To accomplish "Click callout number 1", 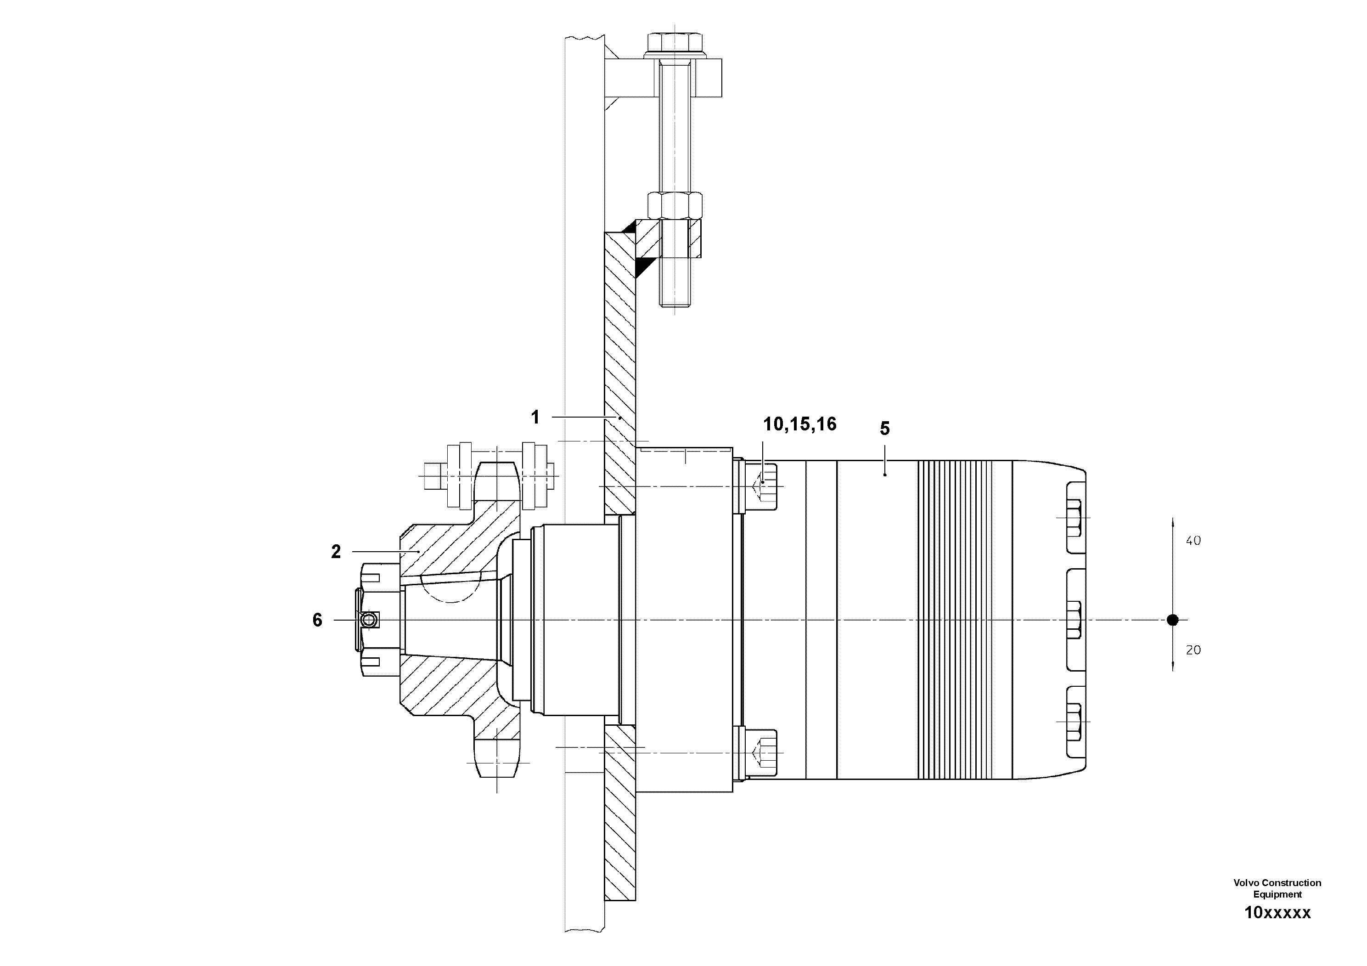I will click(534, 418).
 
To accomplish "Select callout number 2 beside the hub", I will click(336, 552).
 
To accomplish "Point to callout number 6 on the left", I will click(317, 621).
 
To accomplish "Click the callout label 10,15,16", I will click(799, 424).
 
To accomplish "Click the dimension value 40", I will click(1193, 541).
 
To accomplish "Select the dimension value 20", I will click(1193, 650).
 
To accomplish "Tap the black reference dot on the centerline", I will click(1172, 620).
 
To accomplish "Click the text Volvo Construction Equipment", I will click(1277, 888).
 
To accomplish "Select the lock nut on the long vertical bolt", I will click(675, 205).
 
